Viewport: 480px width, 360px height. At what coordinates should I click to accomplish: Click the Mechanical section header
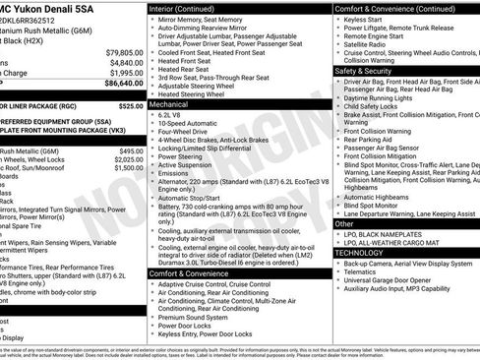[x=170, y=102]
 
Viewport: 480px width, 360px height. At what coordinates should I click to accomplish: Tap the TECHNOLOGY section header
[x=360, y=253]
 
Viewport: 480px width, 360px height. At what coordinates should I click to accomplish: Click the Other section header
[x=344, y=224]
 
